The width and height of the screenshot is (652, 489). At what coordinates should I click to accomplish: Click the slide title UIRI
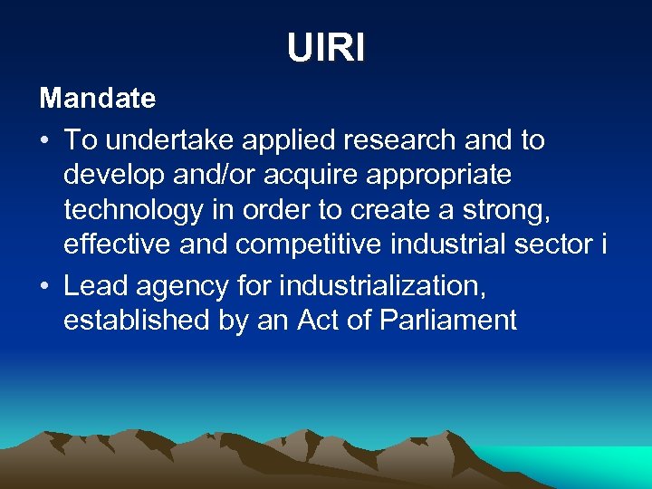point(326,47)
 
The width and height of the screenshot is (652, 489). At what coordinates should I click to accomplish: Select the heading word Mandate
point(97,98)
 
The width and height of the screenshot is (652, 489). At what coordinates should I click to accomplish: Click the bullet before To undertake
point(45,141)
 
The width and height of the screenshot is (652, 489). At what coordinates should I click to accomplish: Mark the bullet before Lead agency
point(45,285)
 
